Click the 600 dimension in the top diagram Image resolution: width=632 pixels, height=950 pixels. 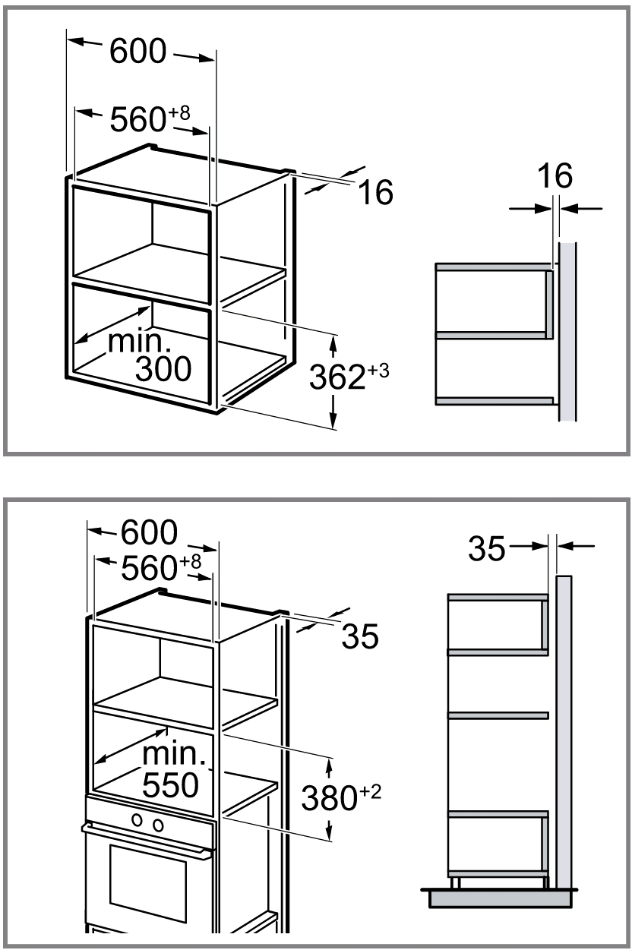[137, 51]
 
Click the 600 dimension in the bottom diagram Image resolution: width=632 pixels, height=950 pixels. [149, 532]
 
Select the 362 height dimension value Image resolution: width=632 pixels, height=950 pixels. [337, 377]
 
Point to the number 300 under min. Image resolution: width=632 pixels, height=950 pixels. [163, 368]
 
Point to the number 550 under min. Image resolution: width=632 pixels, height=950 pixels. [170, 784]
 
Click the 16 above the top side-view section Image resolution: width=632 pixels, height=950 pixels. [555, 175]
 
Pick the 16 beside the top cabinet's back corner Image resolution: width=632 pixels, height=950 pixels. [376, 192]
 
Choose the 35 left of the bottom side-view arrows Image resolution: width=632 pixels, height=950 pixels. [487, 548]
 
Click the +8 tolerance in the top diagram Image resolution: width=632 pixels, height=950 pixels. [179, 113]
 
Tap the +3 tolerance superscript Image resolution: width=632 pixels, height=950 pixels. [378, 371]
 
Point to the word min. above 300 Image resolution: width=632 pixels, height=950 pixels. [140, 342]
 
